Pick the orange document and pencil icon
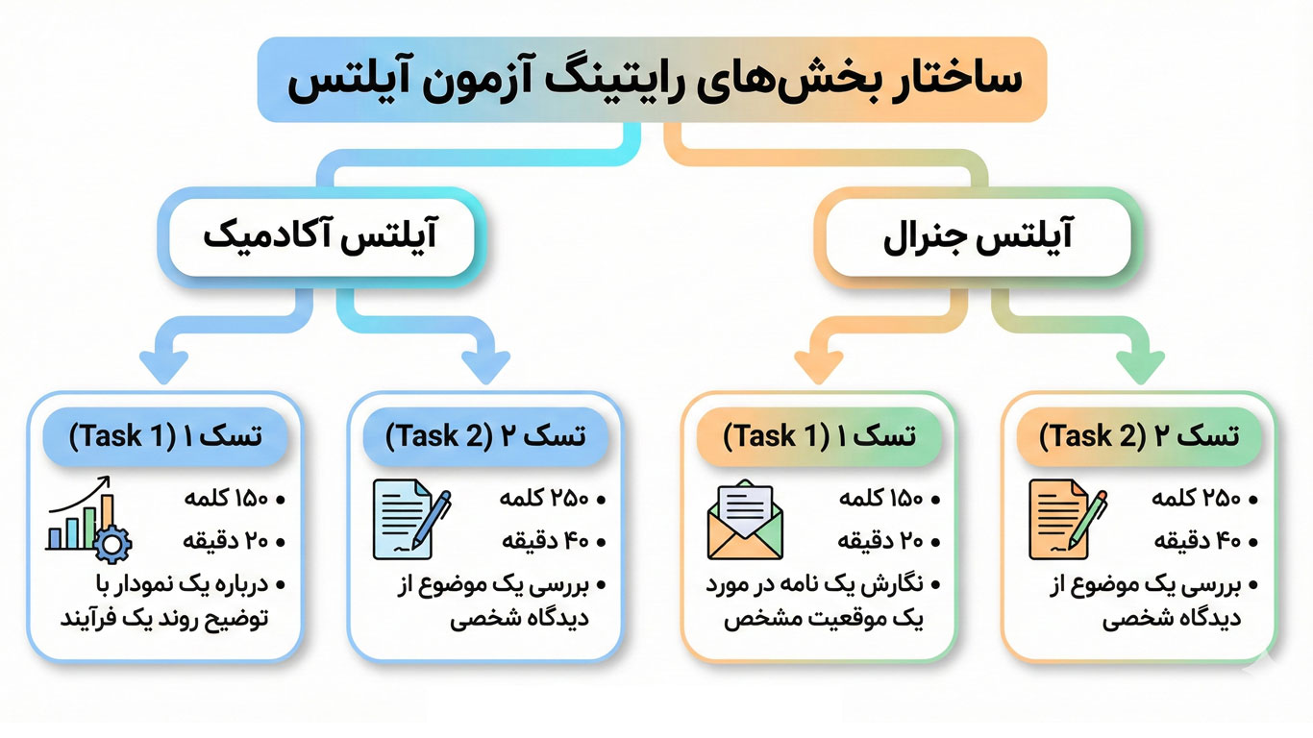tap(1067, 520)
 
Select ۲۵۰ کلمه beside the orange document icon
tap(1196, 499)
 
